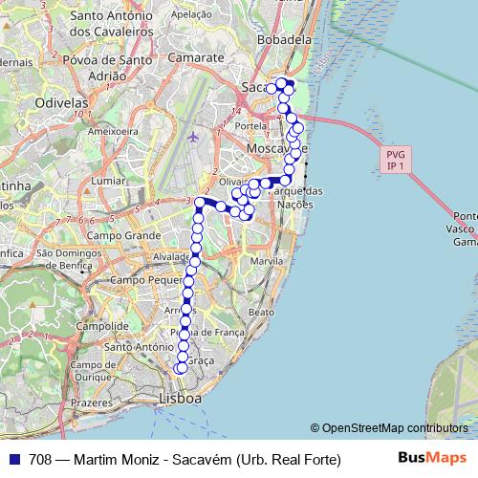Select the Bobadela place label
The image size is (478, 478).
pyautogui.click(x=285, y=41)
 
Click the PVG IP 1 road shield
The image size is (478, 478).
pyautogui.click(x=395, y=160)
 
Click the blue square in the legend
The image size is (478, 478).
pyautogui.click(x=12, y=459)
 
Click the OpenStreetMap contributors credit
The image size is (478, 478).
pyautogui.click(x=389, y=428)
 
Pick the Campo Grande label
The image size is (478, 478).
pyautogui.click(x=123, y=234)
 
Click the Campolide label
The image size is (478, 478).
pyautogui.click(x=102, y=325)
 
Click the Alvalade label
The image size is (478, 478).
pyautogui.click(x=171, y=257)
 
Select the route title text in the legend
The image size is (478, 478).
pyautogui.click(x=185, y=460)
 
